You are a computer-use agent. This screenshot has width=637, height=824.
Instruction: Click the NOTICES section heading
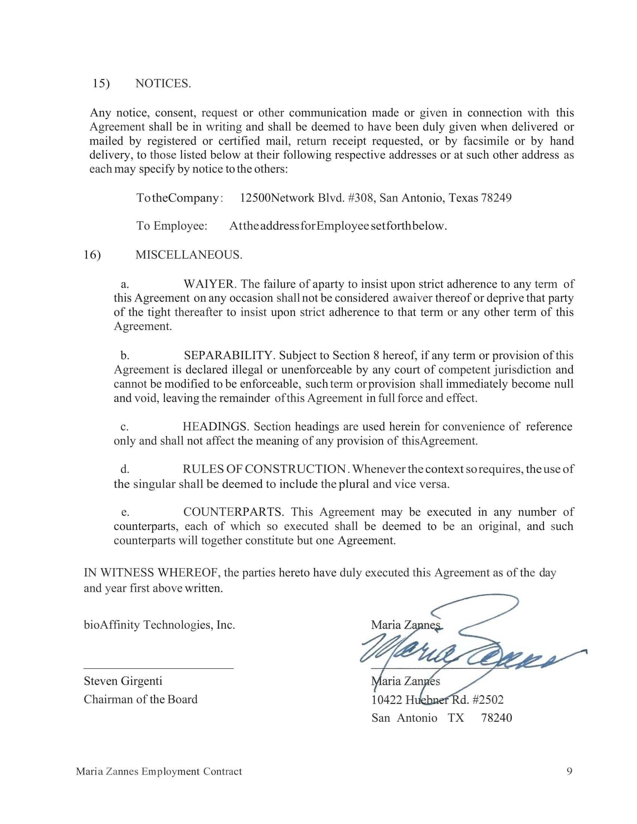[x=163, y=84]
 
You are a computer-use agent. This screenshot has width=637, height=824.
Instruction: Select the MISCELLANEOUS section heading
[x=189, y=255]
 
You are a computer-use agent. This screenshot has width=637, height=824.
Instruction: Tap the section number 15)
[x=101, y=84]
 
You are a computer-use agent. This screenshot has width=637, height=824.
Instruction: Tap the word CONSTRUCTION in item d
[x=296, y=469]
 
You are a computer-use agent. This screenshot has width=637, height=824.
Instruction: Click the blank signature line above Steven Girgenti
[x=159, y=668]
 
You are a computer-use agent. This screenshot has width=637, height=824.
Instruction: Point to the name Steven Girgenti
[x=123, y=681]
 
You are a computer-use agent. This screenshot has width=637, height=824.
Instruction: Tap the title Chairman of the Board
[x=141, y=699]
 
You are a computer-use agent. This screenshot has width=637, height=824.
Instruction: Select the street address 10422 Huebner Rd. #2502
[x=437, y=700]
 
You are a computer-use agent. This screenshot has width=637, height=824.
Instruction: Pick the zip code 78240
[x=496, y=718]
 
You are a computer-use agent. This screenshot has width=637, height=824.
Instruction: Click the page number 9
[x=570, y=771]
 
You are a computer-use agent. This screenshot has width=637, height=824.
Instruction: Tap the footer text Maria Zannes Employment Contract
[x=159, y=771]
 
